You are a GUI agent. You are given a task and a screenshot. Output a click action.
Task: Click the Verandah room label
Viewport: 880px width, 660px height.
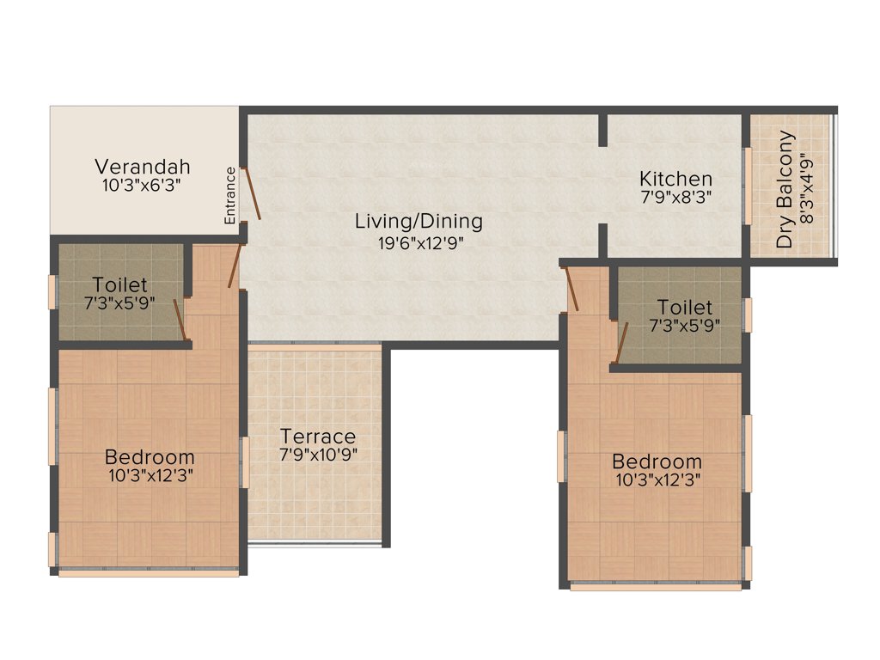(x=142, y=166)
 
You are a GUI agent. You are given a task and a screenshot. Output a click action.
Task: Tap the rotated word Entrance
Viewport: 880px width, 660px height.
(x=230, y=196)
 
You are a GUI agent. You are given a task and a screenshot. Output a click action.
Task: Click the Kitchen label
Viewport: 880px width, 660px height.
(x=675, y=179)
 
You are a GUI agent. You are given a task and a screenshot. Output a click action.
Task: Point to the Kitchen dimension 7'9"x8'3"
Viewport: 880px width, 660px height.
(x=675, y=197)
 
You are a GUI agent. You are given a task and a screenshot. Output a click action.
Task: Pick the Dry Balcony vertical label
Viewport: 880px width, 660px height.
(x=785, y=191)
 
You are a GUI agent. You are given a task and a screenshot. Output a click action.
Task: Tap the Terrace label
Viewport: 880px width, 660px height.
(x=318, y=437)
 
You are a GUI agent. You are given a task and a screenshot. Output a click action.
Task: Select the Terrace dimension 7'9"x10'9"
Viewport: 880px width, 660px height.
(x=318, y=455)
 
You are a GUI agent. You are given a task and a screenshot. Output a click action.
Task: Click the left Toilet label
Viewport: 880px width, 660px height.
(x=119, y=284)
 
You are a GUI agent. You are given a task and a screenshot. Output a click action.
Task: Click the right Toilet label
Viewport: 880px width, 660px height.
(x=685, y=307)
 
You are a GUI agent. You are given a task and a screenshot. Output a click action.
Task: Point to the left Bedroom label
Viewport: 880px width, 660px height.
(x=150, y=457)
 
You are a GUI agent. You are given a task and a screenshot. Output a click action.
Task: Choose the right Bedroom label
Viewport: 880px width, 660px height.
(x=657, y=461)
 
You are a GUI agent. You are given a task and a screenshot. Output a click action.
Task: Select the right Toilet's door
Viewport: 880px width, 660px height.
(x=621, y=342)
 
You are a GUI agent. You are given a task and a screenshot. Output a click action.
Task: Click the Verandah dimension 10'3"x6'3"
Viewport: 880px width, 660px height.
(x=142, y=184)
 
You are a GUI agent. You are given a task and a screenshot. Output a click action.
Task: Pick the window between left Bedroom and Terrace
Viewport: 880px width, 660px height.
(x=244, y=462)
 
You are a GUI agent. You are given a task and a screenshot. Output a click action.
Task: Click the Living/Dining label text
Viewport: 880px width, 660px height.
(x=419, y=221)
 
